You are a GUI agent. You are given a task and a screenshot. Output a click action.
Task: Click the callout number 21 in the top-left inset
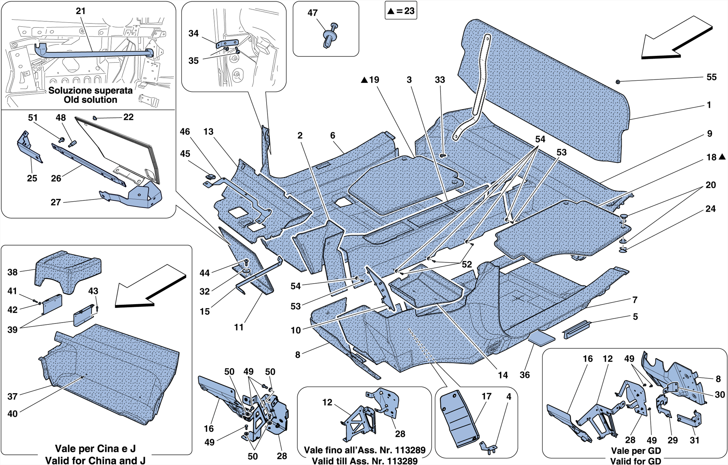click(81, 11)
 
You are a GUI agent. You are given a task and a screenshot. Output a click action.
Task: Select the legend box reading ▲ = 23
click(401, 11)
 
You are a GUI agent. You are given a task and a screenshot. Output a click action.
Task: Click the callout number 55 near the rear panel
click(711, 77)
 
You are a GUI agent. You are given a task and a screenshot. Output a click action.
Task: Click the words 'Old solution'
click(90, 100)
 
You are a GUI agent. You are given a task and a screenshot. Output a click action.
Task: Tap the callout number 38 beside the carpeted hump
click(12, 272)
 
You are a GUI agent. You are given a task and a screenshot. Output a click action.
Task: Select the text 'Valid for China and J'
click(95, 460)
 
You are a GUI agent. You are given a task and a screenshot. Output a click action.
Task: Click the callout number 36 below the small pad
click(525, 375)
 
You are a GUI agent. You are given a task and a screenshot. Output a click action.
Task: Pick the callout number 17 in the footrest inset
click(486, 396)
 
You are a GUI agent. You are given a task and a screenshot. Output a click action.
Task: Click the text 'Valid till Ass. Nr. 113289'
click(364, 461)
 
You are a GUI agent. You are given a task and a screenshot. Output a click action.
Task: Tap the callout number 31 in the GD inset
click(695, 440)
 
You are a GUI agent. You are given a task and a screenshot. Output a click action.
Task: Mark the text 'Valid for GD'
click(636, 461)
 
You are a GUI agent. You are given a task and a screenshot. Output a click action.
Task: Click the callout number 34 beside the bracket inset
click(193, 33)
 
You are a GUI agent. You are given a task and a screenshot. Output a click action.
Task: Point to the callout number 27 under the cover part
click(56, 202)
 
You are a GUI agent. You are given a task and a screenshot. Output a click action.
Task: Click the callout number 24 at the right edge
click(710, 209)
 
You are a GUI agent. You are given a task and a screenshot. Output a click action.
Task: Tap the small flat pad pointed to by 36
click(541, 338)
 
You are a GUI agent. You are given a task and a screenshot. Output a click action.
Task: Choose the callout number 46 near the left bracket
click(185, 132)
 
